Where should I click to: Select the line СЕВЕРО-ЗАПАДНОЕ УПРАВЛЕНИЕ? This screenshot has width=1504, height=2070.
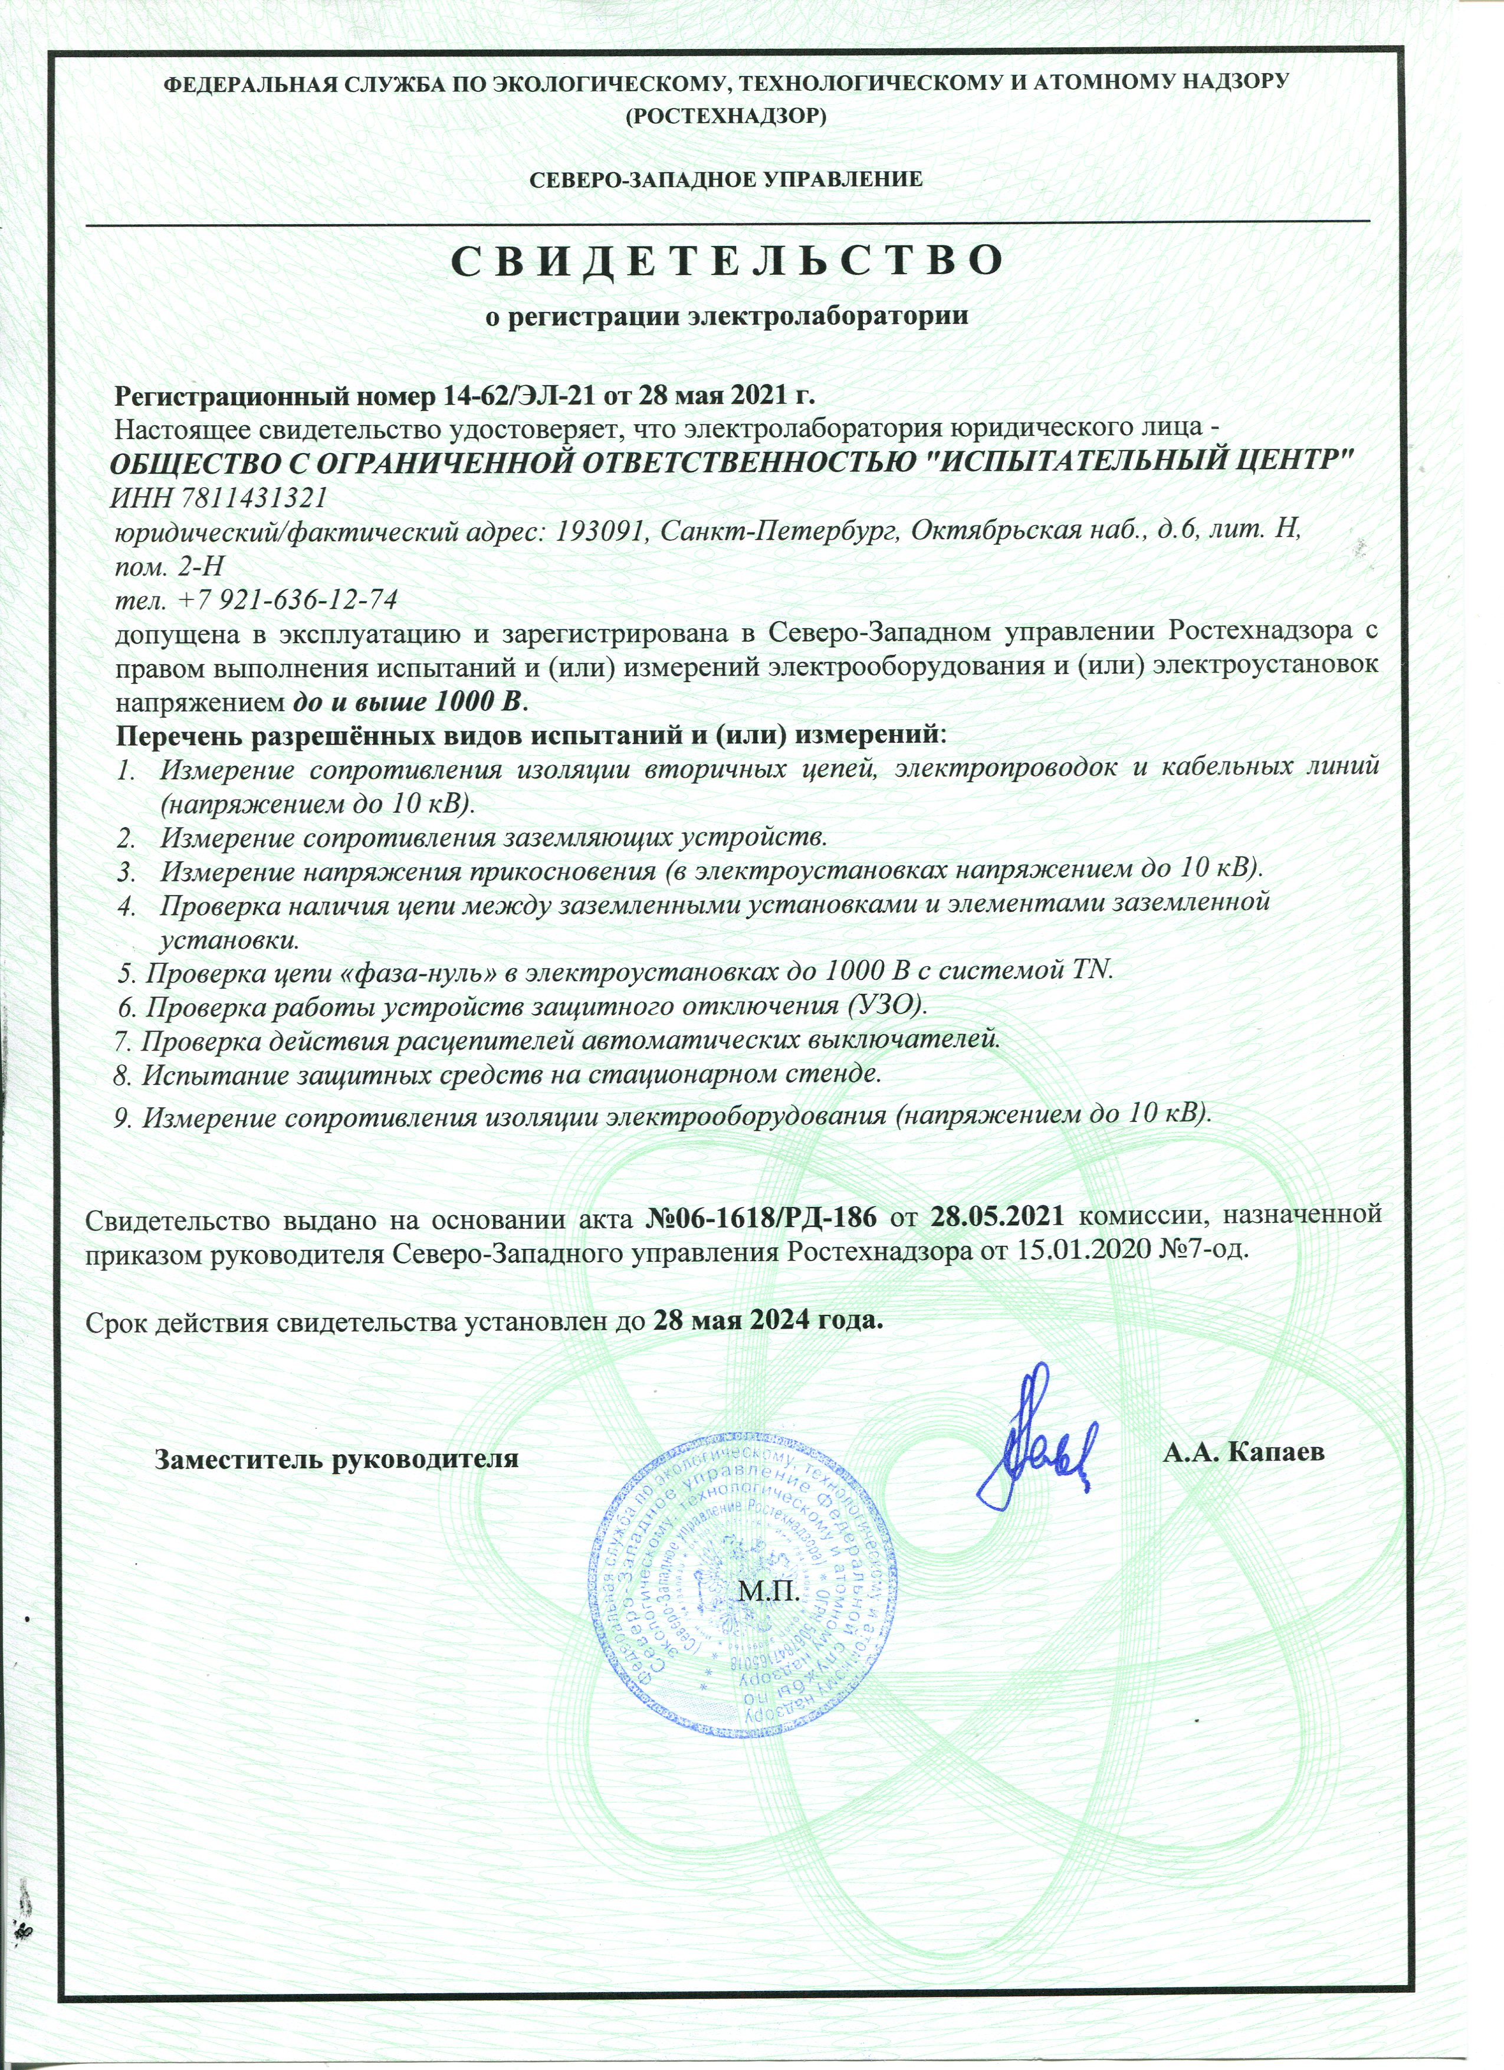coord(727,179)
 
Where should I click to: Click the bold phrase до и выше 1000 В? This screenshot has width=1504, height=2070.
coord(410,702)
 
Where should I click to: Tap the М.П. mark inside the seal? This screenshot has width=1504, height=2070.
coord(767,1593)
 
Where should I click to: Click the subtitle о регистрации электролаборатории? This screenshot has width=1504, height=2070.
coord(725,317)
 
